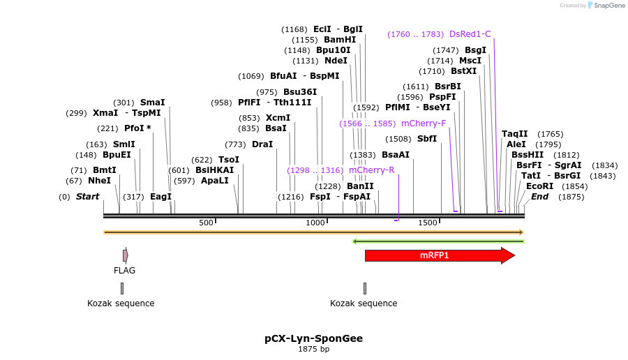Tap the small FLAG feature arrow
pyautogui.click(x=125, y=255)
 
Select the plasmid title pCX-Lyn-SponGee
pyautogui.click(x=313, y=338)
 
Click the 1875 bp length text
pyautogui.click(x=313, y=349)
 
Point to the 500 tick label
pyautogui.click(x=206, y=223)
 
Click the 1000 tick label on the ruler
pyautogui.click(x=315, y=223)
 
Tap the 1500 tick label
pyautogui.click(x=427, y=223)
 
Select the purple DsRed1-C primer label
pyautogui.click(x=470, y=33)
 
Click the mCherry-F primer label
pyautogui.click(x=424, y=123)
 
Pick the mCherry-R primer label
pyautogui.click(x=371, y=170)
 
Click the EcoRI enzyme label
pyautogui.click(x=539, y=186)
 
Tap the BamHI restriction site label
pyautogui.click(x=340, y=40)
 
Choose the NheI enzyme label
pyautogui.click(x=99, y=181)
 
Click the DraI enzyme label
pyautogui.click(x=262, y=144)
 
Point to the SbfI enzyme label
pyautogui.click(x=426, y=139)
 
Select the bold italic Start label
pyautogui.click(x=87, y=197)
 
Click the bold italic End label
pyautogui.click(x=539, y=197)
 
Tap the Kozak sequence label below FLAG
pyautogui.click(x=121, y=303)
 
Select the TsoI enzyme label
pyautogui.click(x=229, y=160)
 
